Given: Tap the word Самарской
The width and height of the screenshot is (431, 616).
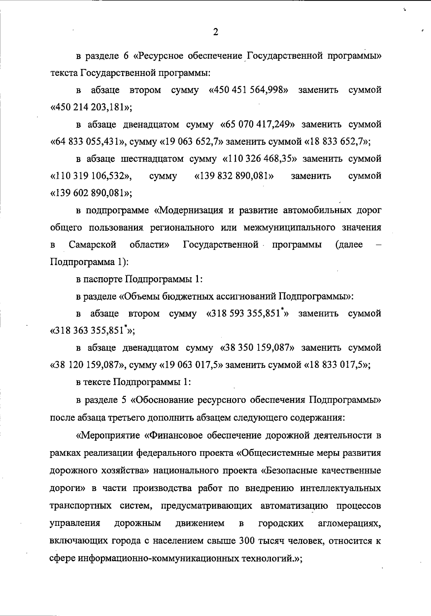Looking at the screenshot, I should click(x=93, y=245).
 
